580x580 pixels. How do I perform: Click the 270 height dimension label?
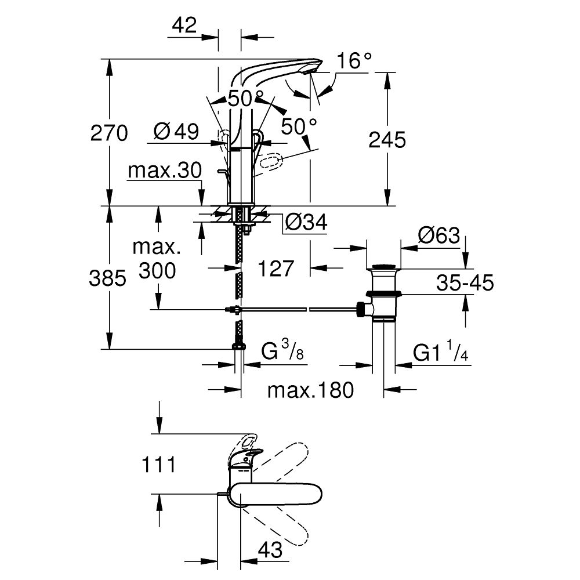(108, 134)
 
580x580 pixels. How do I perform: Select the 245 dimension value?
(387, 140)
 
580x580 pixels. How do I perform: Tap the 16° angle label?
(355, 61)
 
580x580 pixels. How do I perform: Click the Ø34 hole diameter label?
(307, 222)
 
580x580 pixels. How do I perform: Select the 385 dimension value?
(107, 280)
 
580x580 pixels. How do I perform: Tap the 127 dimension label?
(276, 269)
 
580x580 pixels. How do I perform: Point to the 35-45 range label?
(465, 284)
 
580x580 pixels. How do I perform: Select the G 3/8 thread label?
(282, 351)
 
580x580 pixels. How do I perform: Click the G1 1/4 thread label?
(440, 353)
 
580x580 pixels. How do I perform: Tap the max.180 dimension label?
(310, 390)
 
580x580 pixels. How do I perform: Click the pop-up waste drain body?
(382, 293)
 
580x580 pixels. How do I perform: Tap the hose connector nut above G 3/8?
(238, 346)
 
